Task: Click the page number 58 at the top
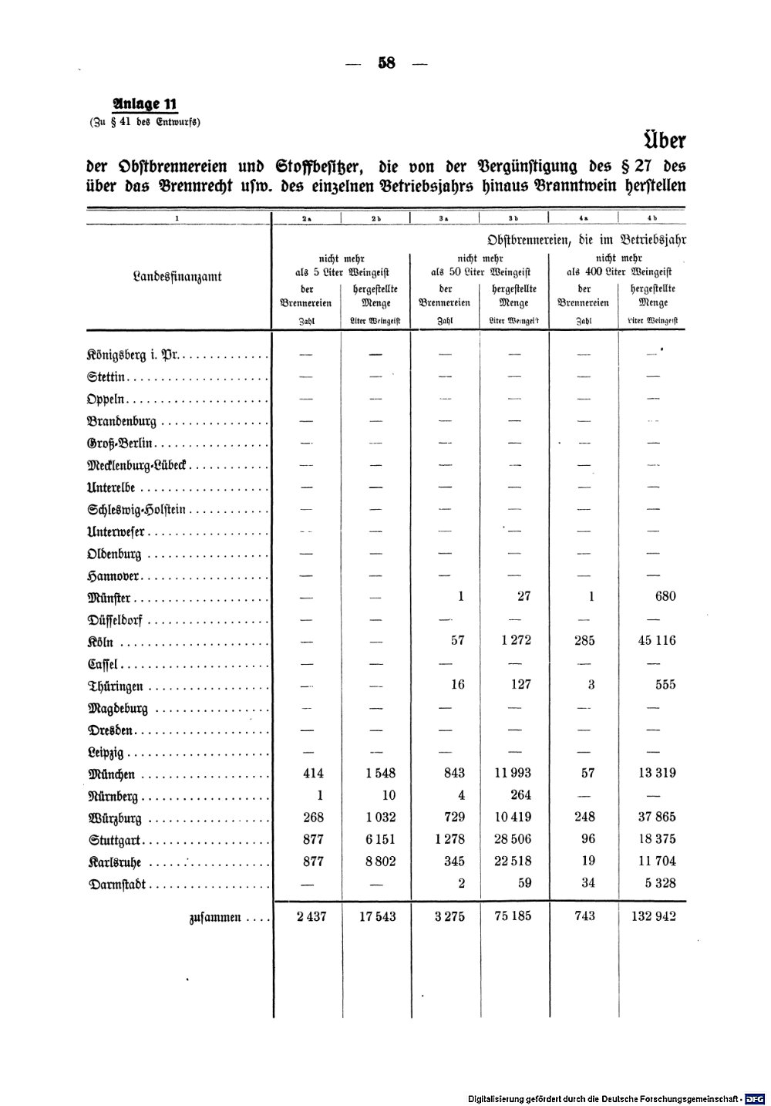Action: (386, 63)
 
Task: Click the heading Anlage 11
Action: (145, 105)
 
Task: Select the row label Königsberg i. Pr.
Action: (133, 356)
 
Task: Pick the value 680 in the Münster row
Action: (664, 596)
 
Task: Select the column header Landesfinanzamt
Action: (177, 276)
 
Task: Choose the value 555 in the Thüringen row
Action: (664, 684)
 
